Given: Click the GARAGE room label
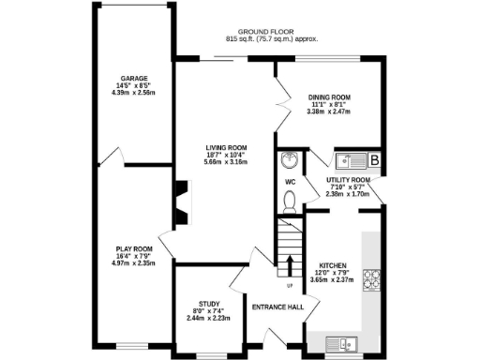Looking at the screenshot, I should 128,78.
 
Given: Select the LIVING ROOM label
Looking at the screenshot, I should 226,147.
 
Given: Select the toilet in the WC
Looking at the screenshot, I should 289,201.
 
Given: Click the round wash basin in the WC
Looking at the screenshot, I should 289,160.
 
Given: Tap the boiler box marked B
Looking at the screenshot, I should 374,160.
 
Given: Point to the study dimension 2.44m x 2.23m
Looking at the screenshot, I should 206,318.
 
